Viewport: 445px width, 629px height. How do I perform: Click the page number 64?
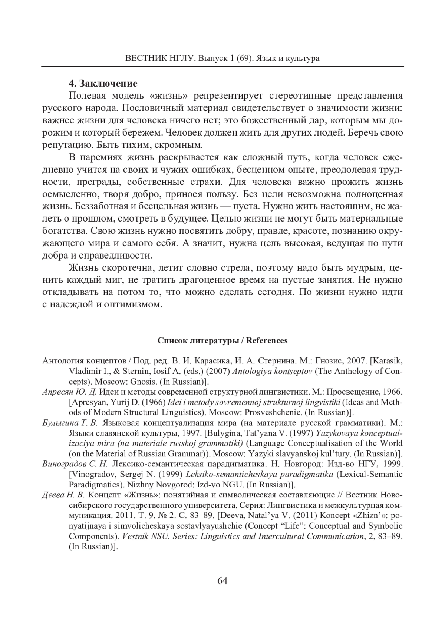[222, 580]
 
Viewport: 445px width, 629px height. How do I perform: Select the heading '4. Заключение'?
[103, 83]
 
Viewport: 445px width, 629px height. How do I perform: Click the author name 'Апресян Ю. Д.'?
[63, 392]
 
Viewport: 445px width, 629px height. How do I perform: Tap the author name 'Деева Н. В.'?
[63, 495]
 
